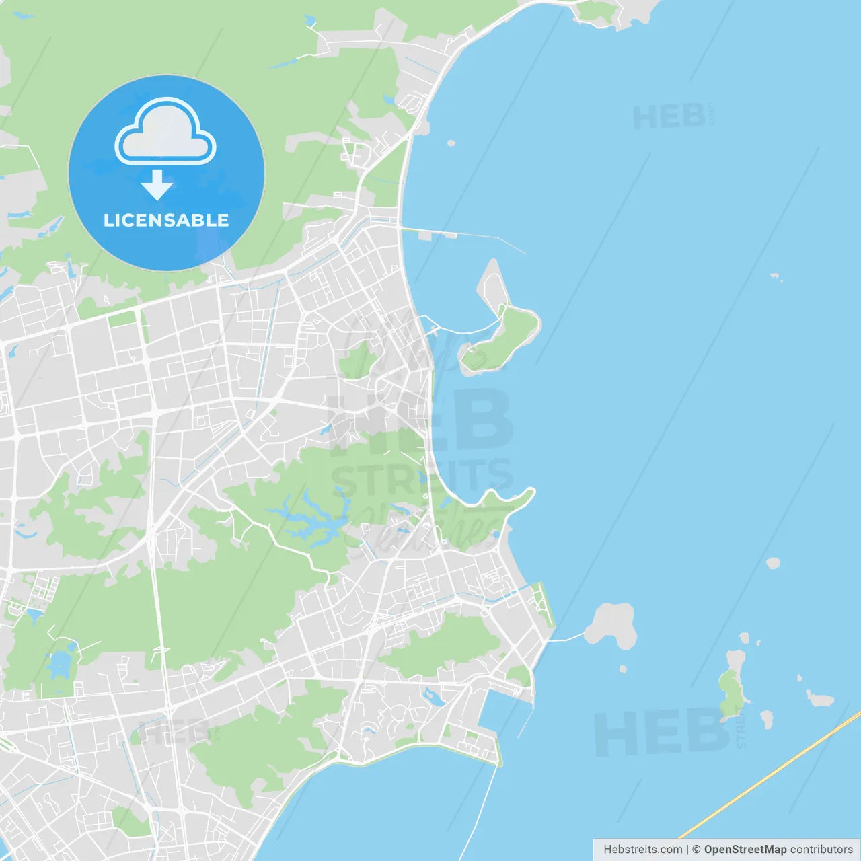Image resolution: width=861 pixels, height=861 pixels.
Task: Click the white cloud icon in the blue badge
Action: coord(165,133)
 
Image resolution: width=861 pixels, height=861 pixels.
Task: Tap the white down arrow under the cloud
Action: coord(157,185)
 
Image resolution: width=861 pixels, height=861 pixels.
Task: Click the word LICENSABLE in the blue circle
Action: coord(166,220)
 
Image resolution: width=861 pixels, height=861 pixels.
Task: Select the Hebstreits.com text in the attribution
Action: coord(642,850)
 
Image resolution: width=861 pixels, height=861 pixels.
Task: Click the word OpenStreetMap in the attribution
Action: coord(745,850)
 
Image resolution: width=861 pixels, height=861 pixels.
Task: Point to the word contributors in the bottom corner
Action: coord(821,850)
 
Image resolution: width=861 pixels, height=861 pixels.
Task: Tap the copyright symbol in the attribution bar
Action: coord(696,850)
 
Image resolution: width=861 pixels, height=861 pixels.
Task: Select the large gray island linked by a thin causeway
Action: coord(611,625)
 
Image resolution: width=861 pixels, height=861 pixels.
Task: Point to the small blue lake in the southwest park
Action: coord(60,664)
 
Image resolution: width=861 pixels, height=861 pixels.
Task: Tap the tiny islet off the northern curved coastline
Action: coord(451,143)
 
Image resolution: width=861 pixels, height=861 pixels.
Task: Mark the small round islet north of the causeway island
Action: coord(774,563)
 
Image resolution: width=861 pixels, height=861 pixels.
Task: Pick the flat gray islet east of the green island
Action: coord(820,699)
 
